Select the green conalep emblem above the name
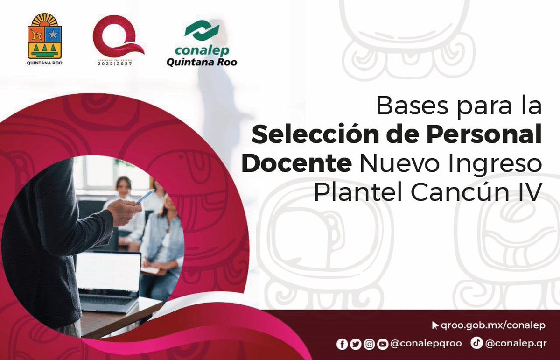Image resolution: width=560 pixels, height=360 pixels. (x=201, y=31)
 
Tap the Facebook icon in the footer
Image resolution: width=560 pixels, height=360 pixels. (x=342, y=344)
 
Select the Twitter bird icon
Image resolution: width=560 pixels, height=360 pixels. (x=356, y=344)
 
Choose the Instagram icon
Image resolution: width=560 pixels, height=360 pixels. (x=369, y=344)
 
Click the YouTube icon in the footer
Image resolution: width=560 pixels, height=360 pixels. (x=383, y=344)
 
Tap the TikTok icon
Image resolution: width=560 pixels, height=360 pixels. (x=476, y=343)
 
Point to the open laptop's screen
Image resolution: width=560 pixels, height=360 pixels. (x=108, y=272)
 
